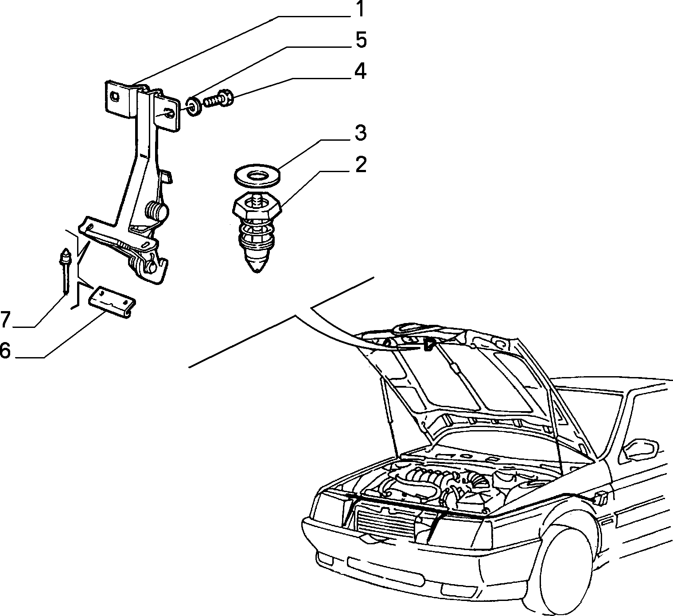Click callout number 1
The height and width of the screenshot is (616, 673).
click(x=360, y=9)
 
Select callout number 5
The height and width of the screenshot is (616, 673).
click(x=361, y=40)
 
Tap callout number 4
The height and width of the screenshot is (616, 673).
click(x=361, y=71)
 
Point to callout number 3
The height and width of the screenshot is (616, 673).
click(x=361, y=133)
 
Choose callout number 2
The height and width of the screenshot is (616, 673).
click(x=361, y=165)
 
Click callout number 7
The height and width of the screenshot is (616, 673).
click(x=6, y=319)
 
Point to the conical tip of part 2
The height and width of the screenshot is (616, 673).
click(x=257, y=264)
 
